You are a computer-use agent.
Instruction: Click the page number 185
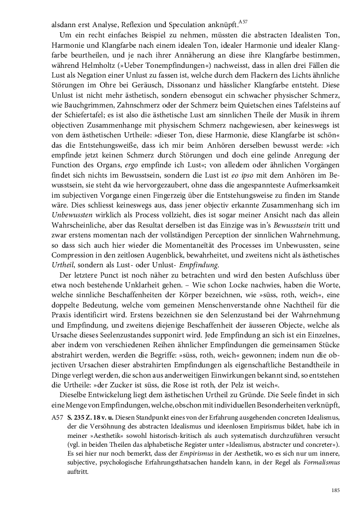[335, 490]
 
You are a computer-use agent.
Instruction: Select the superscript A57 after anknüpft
[243, 21]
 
